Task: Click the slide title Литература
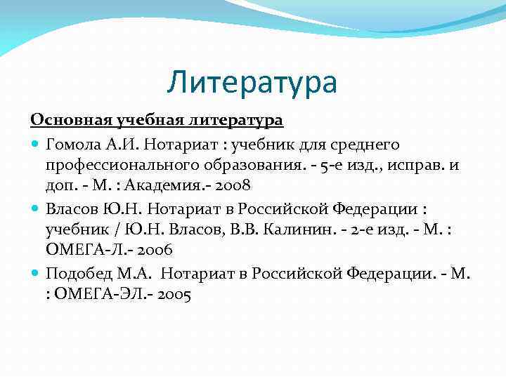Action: click(x=252, y=82)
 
